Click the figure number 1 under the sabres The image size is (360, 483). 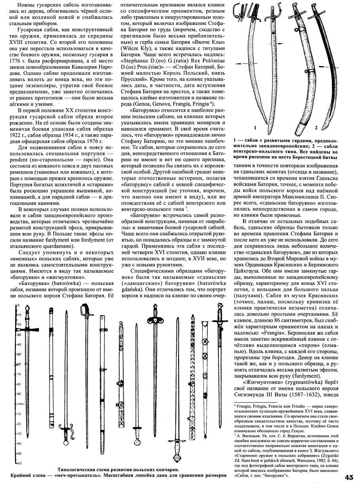[x=257, y=128]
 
